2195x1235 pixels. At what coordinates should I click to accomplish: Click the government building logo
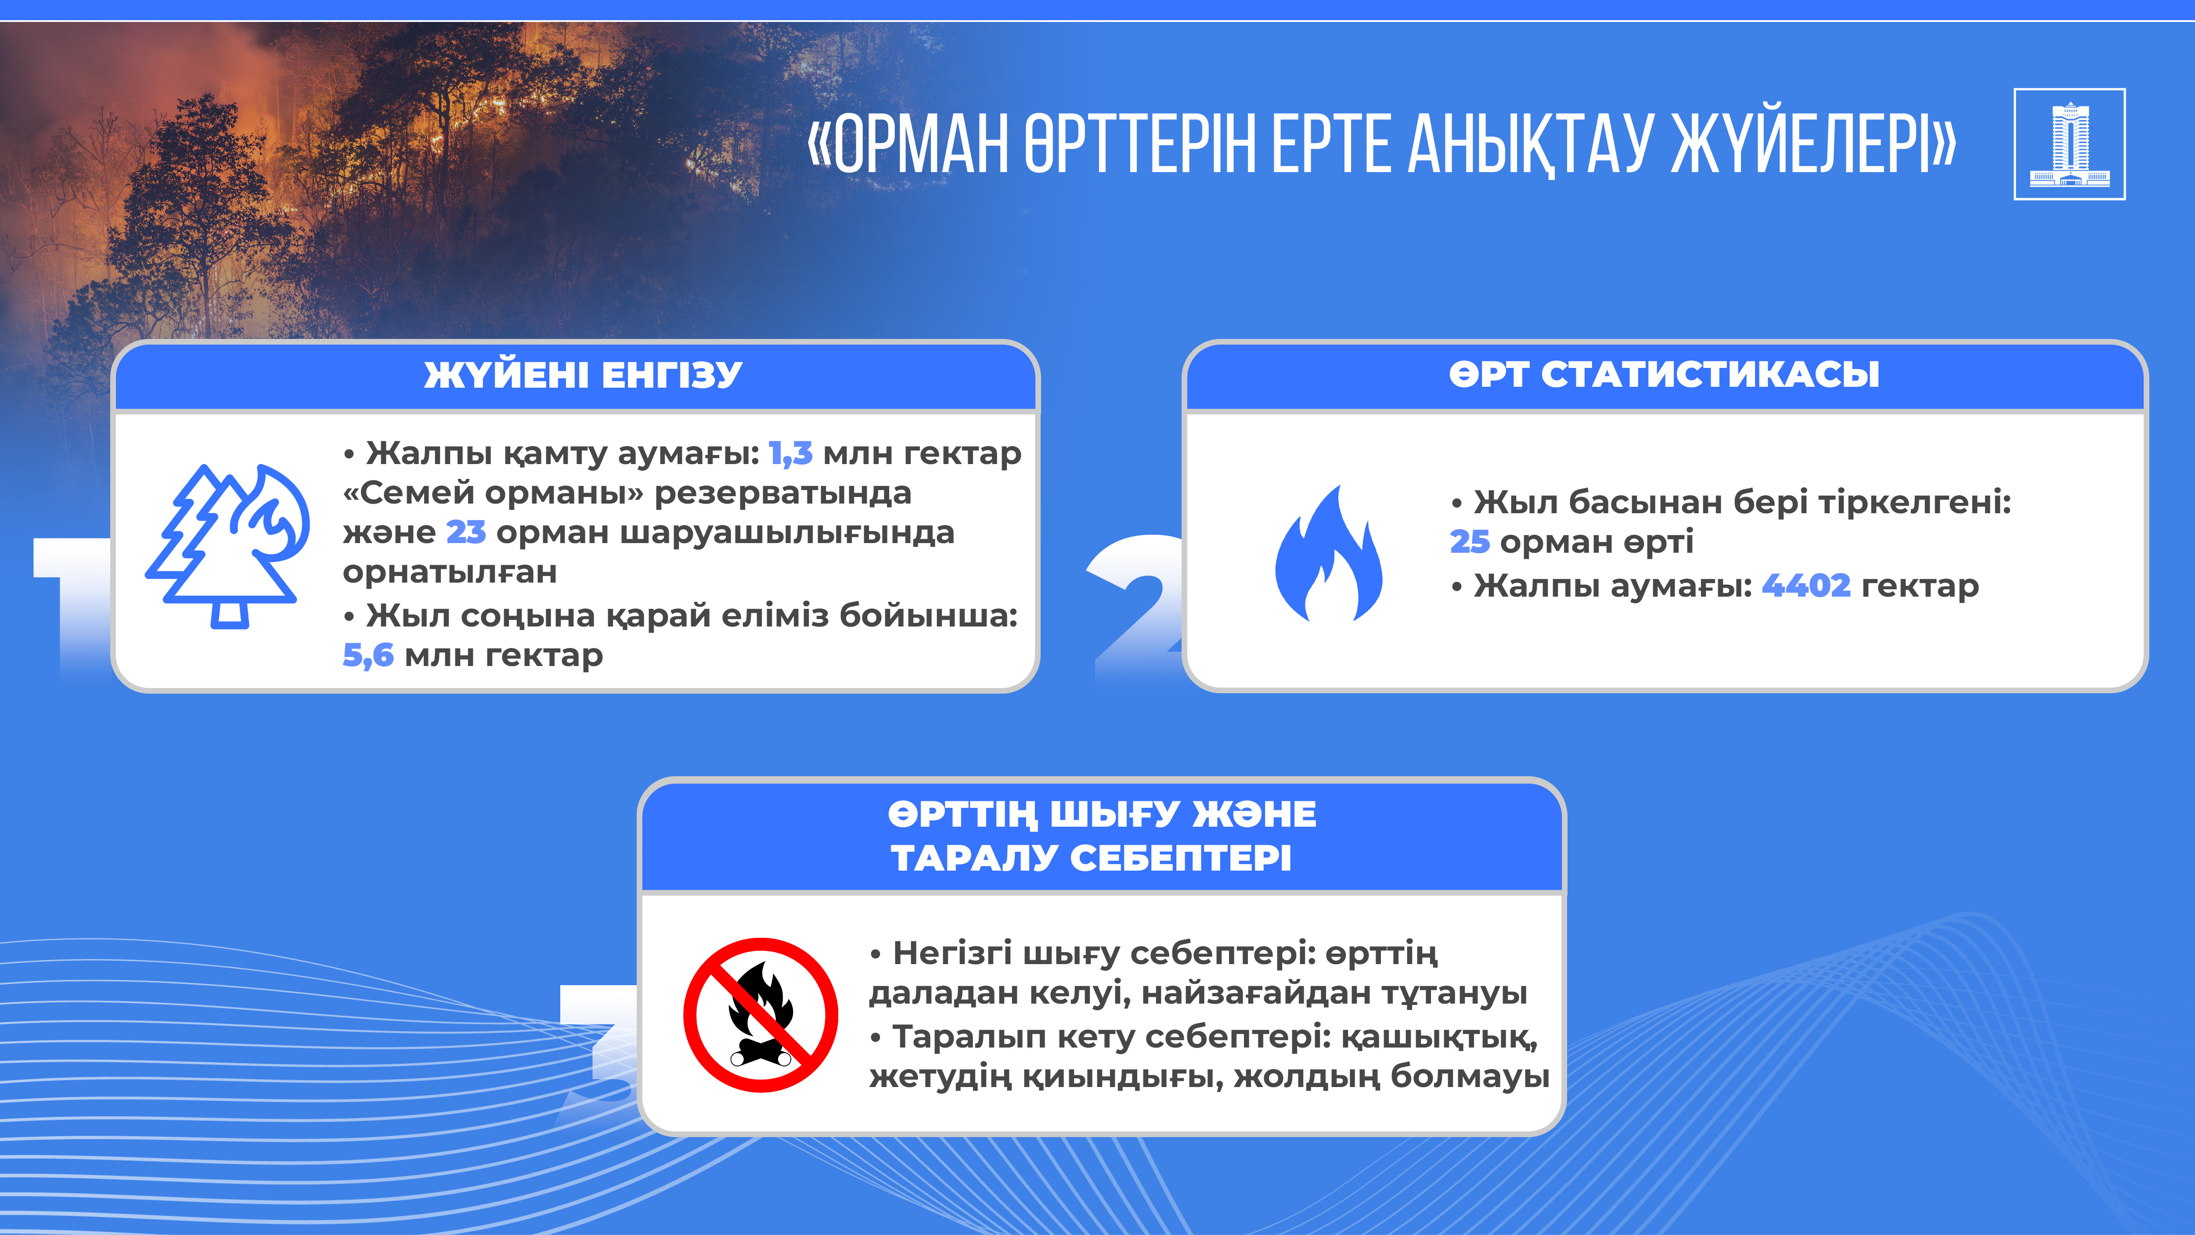click(x=2069, y=144)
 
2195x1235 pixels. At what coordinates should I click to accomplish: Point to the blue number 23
click(x=466, y=532)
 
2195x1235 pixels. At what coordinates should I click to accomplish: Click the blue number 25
click(x=1470, y=542)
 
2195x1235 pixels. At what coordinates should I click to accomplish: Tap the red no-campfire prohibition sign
click(x=760, y=1015)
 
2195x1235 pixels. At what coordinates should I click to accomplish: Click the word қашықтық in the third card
click(x=1440, y=1037)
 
